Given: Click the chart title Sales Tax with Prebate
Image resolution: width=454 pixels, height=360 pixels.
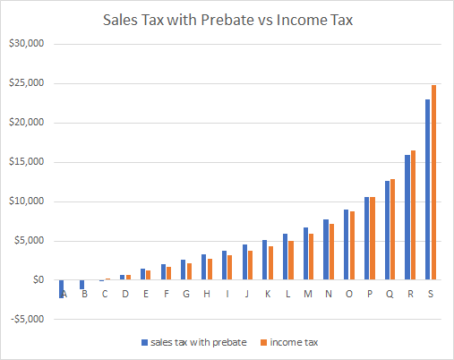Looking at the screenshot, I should pyautogui.click(x=227, y=18).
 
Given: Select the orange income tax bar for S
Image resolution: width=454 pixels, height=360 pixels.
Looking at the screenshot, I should pyautogui.click(x=433, y=183).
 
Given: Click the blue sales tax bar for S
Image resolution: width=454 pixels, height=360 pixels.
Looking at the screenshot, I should pyautogui.click(x=427, y=190).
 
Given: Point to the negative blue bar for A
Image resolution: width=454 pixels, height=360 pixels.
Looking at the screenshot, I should pyautogui.click(x=61, y=289).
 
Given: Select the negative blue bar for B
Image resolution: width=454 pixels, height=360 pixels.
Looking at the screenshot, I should pyautogui.click(x=81, y=285).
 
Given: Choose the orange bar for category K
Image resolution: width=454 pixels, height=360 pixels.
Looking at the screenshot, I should pyautogui.click(x=270, y=262).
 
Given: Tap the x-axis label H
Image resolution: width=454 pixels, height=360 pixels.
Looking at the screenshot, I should pyautogui.click(x=207, y=293).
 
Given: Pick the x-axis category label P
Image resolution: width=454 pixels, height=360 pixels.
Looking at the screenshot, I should pyautogui.click(x=369, y=293).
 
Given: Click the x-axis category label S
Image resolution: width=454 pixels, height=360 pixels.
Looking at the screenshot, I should pyautogui.click(x=430, y=293).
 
